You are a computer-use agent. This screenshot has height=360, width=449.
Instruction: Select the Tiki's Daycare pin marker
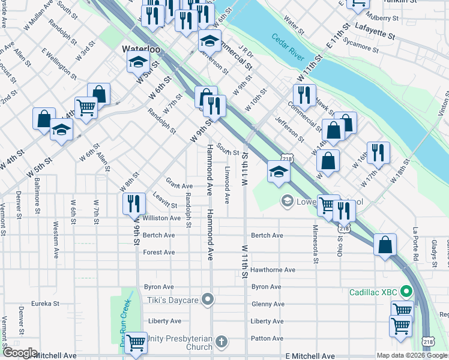point(208,299)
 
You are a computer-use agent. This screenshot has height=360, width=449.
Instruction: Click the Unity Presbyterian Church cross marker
point(221,342)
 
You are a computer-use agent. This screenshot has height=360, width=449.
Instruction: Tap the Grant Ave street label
point(179,186)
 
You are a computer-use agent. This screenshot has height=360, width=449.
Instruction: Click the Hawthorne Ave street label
point(273,270)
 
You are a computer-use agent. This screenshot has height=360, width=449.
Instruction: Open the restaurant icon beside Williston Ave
point(134,204)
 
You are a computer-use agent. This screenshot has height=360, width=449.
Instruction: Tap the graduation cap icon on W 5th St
point(137,62)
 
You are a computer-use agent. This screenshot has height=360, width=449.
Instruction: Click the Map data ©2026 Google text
point(412,355)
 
